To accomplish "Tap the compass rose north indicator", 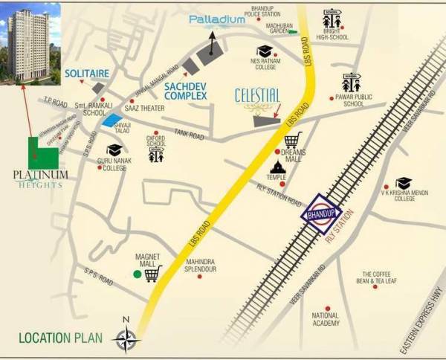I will pos(127,338).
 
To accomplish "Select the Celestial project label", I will pos(257,96).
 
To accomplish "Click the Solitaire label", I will pos(87,74).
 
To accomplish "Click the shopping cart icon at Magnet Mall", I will pos(153,274).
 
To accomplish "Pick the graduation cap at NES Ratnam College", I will pos(265,51).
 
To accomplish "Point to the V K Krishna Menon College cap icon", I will pos(404,183).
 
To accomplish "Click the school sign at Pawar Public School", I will pos(351,82).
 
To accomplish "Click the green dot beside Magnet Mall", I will pos(137,274).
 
